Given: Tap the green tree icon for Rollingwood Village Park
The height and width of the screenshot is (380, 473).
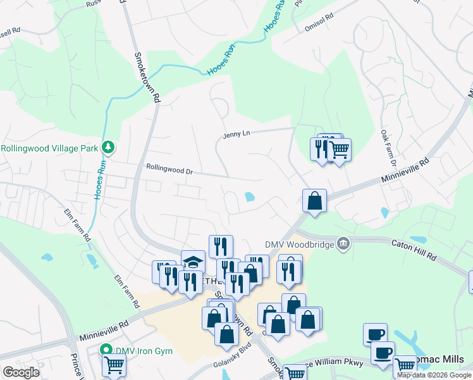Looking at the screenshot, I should [109, 148].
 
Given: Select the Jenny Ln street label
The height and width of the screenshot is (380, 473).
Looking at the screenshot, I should [236, 134].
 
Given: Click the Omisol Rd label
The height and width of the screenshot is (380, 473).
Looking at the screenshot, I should [319, 27].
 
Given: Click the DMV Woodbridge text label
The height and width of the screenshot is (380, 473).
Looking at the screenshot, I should [300, 243].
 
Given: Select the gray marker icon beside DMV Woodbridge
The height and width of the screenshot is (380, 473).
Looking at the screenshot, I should [343, 243].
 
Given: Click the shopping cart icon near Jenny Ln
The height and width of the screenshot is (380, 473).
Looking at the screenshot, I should [339, 150].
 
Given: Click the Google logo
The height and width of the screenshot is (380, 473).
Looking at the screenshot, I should [21, 372].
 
